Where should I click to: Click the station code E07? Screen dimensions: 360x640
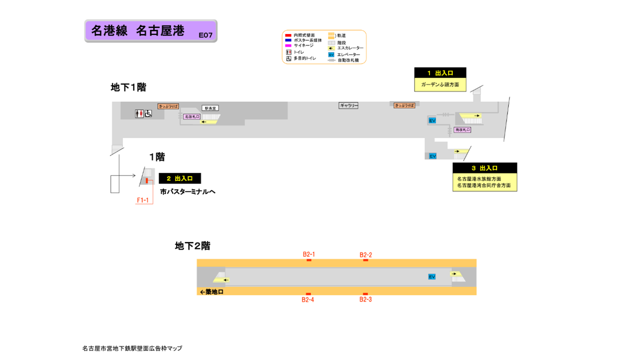pos(205,35)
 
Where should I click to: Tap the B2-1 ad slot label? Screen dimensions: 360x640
pos(308,254)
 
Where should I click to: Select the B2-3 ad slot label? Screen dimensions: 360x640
pos(365,299)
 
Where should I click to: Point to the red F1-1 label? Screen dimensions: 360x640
pos(143,200)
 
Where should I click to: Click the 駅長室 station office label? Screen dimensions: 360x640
pos(210,108)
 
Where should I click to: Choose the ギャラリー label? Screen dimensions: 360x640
pos(348,105)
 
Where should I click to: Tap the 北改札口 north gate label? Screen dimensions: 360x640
pos(191,116)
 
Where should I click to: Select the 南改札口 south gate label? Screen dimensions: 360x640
pos(462,129)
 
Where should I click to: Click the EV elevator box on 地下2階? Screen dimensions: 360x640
pos(431,276)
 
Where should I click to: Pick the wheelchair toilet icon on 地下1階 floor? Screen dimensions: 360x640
pos(148,114)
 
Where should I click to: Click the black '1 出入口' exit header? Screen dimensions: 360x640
pos(440,73)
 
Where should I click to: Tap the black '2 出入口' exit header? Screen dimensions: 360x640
pos(179,178)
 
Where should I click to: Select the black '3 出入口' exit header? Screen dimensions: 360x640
pos(484,168)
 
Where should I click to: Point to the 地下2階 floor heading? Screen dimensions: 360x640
pos(192,245)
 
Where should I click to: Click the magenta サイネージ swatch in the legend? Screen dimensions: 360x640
pos(288,45)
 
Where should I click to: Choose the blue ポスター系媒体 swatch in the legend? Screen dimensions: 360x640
pos(288,40)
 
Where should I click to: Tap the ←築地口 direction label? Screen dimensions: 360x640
pos(211,292)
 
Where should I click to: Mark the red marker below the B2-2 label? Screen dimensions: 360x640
pos(365,260)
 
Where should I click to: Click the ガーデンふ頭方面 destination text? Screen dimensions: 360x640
pos(440,85)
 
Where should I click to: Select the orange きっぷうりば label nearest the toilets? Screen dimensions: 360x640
pos(168,106)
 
